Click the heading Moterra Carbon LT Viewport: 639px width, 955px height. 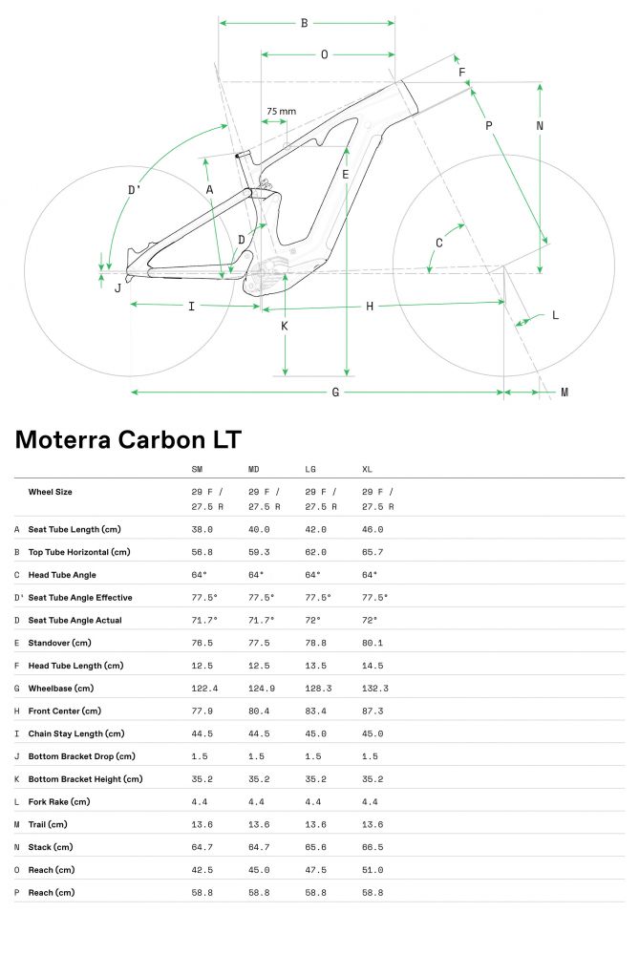coord(128,439)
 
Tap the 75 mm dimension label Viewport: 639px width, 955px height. coord(282,112)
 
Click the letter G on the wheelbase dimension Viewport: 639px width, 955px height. coord(335,393)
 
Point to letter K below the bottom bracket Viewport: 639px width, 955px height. coord(285,327)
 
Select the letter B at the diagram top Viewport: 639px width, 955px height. coord(304,23)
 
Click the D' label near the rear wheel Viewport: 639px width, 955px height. coord(134,190)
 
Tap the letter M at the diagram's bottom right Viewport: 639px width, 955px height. coord(564,393)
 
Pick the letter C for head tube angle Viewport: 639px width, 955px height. coord(439,243)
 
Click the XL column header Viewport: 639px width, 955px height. coord(367,469)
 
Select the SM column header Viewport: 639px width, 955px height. coord(197,469)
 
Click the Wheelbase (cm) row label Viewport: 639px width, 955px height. coord(61,689)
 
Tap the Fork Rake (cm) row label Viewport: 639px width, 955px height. coord(59,801)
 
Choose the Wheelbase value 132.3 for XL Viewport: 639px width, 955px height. coord(375,689)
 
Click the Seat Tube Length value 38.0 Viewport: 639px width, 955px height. coord(202,529)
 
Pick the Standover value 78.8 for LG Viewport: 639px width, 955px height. coord(315,643)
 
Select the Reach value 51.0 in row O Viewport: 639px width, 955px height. coord(373,870)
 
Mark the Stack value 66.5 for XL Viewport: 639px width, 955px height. coord(373,847)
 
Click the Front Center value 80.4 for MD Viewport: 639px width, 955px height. coord(259,711)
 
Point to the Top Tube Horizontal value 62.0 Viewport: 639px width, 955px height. coord(315,552)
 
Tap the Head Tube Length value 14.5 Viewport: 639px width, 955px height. coord(373,666)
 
